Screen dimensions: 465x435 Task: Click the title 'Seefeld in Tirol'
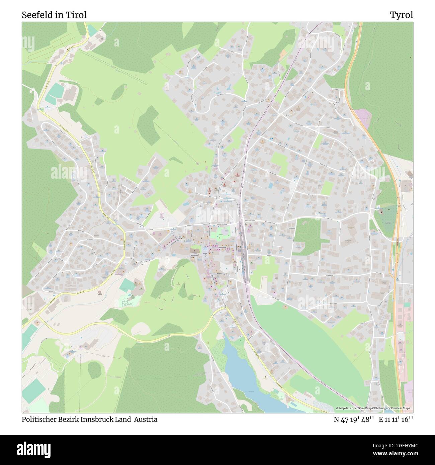(54, 15)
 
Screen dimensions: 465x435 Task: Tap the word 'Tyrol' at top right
(401, 15)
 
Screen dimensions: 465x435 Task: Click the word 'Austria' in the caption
(146, 419)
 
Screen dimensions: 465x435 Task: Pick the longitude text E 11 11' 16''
(396, 419)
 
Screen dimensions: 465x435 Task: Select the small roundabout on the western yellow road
(143, 263)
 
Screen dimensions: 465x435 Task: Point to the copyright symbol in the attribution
(337, 408)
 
